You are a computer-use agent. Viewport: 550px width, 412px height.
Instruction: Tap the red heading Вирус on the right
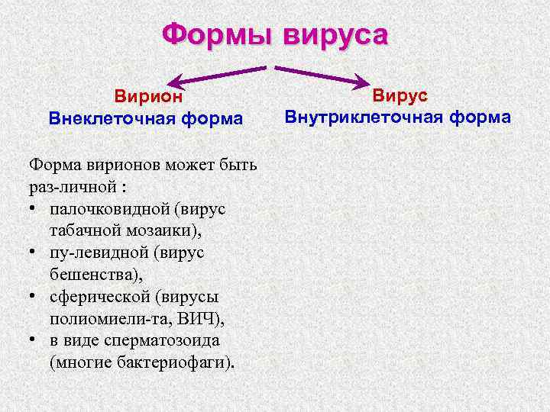pos(400,95)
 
